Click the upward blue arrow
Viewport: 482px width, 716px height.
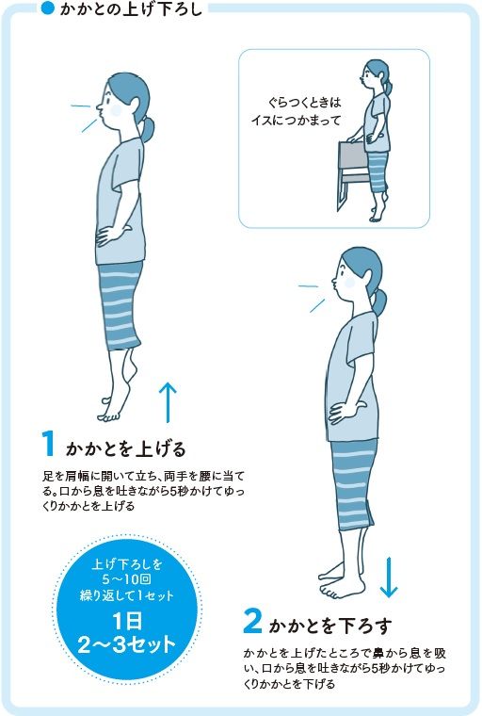coord(168,402)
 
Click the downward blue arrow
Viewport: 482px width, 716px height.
coord(389,577)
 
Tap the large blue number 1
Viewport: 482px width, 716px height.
coord(48,443)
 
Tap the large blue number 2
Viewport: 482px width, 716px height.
coord(252,621)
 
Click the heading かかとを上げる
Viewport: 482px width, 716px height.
coord(126,448)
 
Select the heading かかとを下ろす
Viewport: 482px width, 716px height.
coord(330,626)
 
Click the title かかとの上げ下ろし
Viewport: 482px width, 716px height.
coord(131,9)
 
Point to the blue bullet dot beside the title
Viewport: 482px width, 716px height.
coord(48,8)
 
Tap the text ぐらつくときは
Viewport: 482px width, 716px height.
coord(304,102)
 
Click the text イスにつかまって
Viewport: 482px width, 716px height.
coord(297,121)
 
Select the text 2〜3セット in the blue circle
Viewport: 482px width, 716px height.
coord(126,644)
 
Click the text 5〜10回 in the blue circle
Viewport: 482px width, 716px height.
coord(126,579)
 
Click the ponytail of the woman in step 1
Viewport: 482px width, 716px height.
coord(147,128)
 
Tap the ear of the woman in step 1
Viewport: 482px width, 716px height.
coord(133,106)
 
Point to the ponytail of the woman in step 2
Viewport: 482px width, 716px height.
coord(378,303)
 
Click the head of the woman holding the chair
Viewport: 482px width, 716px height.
coord(377,74)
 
